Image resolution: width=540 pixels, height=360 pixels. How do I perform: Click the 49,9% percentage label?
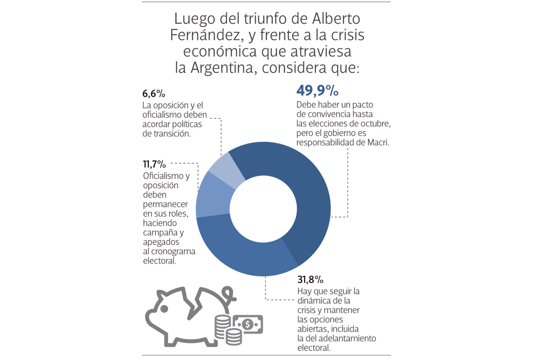point(317,91)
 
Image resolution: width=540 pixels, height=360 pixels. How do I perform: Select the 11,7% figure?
point(155,163)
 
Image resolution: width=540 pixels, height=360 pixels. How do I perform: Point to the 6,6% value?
point(153,94)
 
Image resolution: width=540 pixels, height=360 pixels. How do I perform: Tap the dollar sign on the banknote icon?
point(247,324)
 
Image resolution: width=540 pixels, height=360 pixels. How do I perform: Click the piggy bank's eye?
point(164,309)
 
